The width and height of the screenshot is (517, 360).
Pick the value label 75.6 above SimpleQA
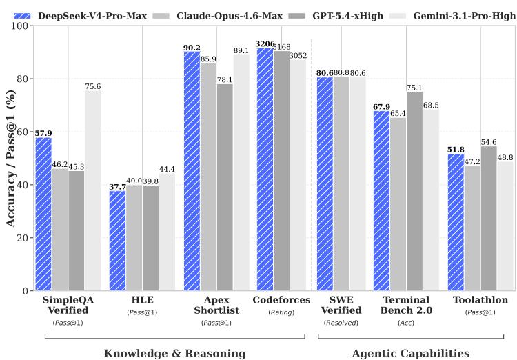[x=92, y=86]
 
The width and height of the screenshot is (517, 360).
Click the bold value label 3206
[x=265, y=43]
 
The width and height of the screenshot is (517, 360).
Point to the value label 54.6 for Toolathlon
[x=489, y=141]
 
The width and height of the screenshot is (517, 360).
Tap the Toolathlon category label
[x=480, y=301]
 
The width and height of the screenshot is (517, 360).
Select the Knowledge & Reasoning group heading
[x=174, y=353]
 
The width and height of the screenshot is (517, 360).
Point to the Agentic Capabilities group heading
[x=411, y=353]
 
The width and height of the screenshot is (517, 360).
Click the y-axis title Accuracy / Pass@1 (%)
[x=10, y=158]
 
